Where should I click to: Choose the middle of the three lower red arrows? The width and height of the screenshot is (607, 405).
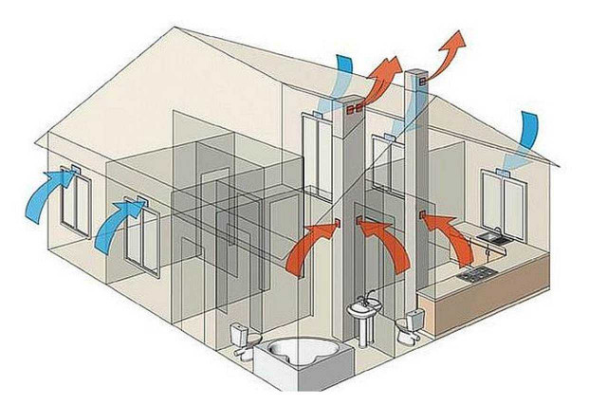pyautogui.click(x=383, y=237)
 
